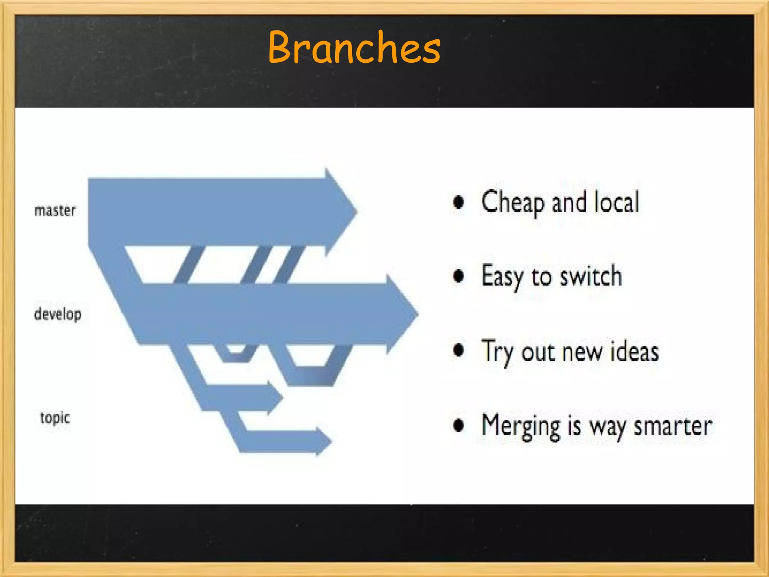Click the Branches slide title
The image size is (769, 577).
pos(354,48)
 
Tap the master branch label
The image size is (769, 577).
pos(55,210)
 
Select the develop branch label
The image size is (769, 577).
pos(57,314)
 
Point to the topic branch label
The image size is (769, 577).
pos(55,418)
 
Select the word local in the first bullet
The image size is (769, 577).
pos(617,202)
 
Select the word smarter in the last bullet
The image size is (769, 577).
pos(673,426)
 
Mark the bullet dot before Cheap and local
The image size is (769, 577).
pos(458,202)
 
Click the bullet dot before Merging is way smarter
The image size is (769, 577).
pos(458,426)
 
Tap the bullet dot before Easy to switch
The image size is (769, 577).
pos(458,276)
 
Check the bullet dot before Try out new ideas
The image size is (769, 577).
pos(458,350)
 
